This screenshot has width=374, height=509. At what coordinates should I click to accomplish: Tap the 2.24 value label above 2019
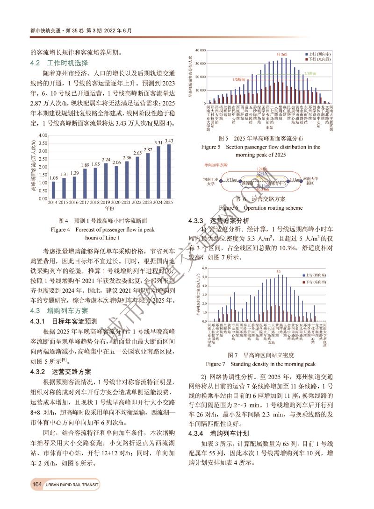[106, 160]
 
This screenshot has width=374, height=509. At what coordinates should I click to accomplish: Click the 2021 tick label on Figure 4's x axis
[127, 203]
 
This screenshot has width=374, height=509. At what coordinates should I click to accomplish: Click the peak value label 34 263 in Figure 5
[284, 55]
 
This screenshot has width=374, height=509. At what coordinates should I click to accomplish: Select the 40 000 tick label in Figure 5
[200, 50]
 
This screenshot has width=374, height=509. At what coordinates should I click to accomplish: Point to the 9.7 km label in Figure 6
[232, 179]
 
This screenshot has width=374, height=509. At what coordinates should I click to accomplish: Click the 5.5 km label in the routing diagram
[294, 180]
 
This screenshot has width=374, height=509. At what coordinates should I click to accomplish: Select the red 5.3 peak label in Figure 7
[279, 271]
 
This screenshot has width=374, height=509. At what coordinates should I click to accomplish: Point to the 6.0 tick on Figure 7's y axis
[205, 268]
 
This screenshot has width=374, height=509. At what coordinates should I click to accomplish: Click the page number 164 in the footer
[37, 485]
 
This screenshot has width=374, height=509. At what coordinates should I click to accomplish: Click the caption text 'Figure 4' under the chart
[62, 229]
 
